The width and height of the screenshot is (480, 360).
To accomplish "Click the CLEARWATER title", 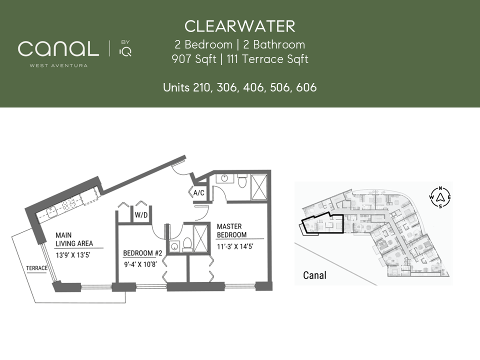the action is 239,26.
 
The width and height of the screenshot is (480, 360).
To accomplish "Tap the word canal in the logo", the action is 58,48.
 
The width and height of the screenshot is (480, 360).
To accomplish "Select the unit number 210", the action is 201,87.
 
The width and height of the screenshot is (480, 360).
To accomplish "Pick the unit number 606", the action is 306,87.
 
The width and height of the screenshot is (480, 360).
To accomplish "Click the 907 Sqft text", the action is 194,59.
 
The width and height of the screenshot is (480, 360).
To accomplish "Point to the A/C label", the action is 198,193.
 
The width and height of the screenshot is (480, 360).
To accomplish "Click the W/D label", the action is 141,215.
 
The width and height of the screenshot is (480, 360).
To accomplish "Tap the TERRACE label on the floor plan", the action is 36,268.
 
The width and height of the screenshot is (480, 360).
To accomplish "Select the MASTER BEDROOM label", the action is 231,230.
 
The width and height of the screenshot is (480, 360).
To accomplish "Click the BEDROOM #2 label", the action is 142,253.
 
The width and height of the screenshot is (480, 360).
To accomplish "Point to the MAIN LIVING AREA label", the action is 74,239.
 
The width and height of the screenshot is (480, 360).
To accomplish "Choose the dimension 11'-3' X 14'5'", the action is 235,246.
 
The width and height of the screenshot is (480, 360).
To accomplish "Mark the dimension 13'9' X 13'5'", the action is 73,255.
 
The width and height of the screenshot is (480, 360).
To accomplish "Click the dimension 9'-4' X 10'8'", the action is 140,264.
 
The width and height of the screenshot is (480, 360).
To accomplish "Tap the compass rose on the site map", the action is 440,197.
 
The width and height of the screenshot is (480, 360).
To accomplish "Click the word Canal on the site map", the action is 314,275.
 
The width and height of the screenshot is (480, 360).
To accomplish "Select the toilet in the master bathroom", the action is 242,181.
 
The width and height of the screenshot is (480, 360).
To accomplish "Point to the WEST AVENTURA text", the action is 58,65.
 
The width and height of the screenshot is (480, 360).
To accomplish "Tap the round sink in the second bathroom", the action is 174,246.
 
